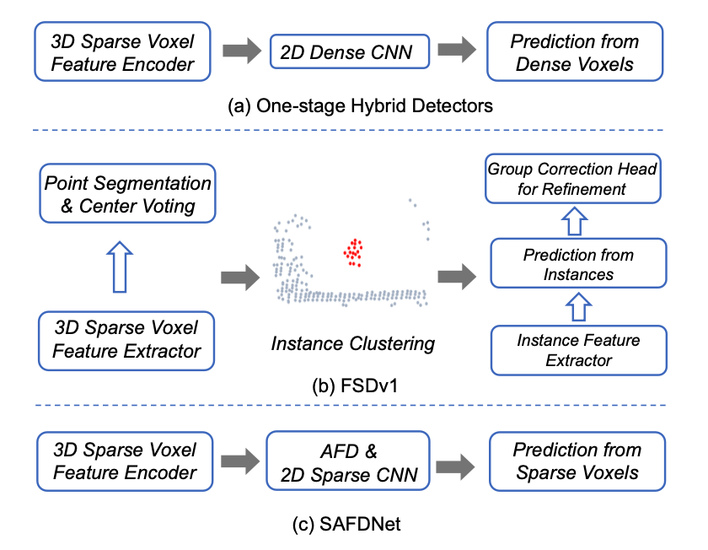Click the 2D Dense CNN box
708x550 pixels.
pos(350,52)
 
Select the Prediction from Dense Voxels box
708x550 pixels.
pos(575,52)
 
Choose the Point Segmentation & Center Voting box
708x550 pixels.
pos(127,193)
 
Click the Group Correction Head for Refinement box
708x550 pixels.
pos(573,179)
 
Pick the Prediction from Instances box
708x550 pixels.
pos(578,263)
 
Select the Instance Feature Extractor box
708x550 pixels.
pos(578,350)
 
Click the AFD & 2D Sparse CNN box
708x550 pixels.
pos(347,461)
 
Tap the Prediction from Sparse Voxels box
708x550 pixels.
pos(577,461)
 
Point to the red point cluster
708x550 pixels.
pos(353,252)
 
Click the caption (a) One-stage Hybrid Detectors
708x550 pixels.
pos(360,106)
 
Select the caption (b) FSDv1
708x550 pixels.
pos(355,386)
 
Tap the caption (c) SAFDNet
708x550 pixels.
pos(346,524)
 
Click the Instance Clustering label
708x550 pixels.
pos(352,343)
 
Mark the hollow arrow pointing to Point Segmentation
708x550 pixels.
pos(120,267)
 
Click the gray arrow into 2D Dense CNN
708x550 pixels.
pos(242,50)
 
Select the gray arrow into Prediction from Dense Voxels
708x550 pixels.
pos(457,49)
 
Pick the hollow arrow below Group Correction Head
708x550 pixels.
pos(574,221)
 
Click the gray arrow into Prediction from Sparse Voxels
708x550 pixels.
pos(456,466)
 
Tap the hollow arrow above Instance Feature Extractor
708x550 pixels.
pos(578,307)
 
